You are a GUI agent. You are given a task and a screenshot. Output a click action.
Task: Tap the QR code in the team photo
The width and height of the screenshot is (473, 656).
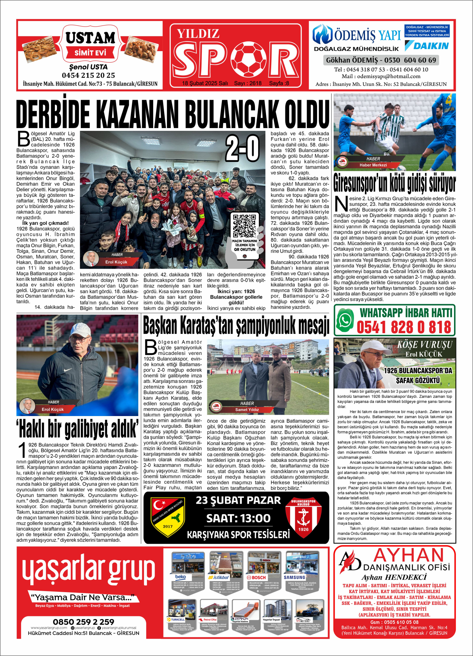click(x=244, y=225)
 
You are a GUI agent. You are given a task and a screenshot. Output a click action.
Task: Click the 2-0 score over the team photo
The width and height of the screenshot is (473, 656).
click(x=242, y=148)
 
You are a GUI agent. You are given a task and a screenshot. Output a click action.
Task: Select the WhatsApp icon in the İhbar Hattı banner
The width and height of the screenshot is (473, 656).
click(x=345, y=320)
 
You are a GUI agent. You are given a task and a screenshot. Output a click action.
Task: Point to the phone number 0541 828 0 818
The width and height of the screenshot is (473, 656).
click(x=404, y=327)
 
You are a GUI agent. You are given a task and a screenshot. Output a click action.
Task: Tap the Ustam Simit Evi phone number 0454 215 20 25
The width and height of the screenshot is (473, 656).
click(x=88, y=75)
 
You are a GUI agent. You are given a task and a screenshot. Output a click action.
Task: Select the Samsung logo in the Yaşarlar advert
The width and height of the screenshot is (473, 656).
click(x=294, y=577)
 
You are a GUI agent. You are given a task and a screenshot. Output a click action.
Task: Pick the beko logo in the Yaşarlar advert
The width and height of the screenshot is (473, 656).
click(x=180, y=577)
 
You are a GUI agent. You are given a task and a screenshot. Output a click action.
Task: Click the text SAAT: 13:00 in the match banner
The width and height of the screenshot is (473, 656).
click(x=238, y=518)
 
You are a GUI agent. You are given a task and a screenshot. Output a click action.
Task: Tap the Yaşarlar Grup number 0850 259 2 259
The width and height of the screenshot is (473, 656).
click(x=83, y=622)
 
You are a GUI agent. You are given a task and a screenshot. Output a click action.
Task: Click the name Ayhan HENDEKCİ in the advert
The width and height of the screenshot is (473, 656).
click(x=394, y=577)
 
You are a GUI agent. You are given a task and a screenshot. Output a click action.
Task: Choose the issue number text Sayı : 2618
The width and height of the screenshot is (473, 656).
click(x=248, y=83)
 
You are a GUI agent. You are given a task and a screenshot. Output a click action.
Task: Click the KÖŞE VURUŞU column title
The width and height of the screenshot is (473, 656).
click(x=424, y=345)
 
